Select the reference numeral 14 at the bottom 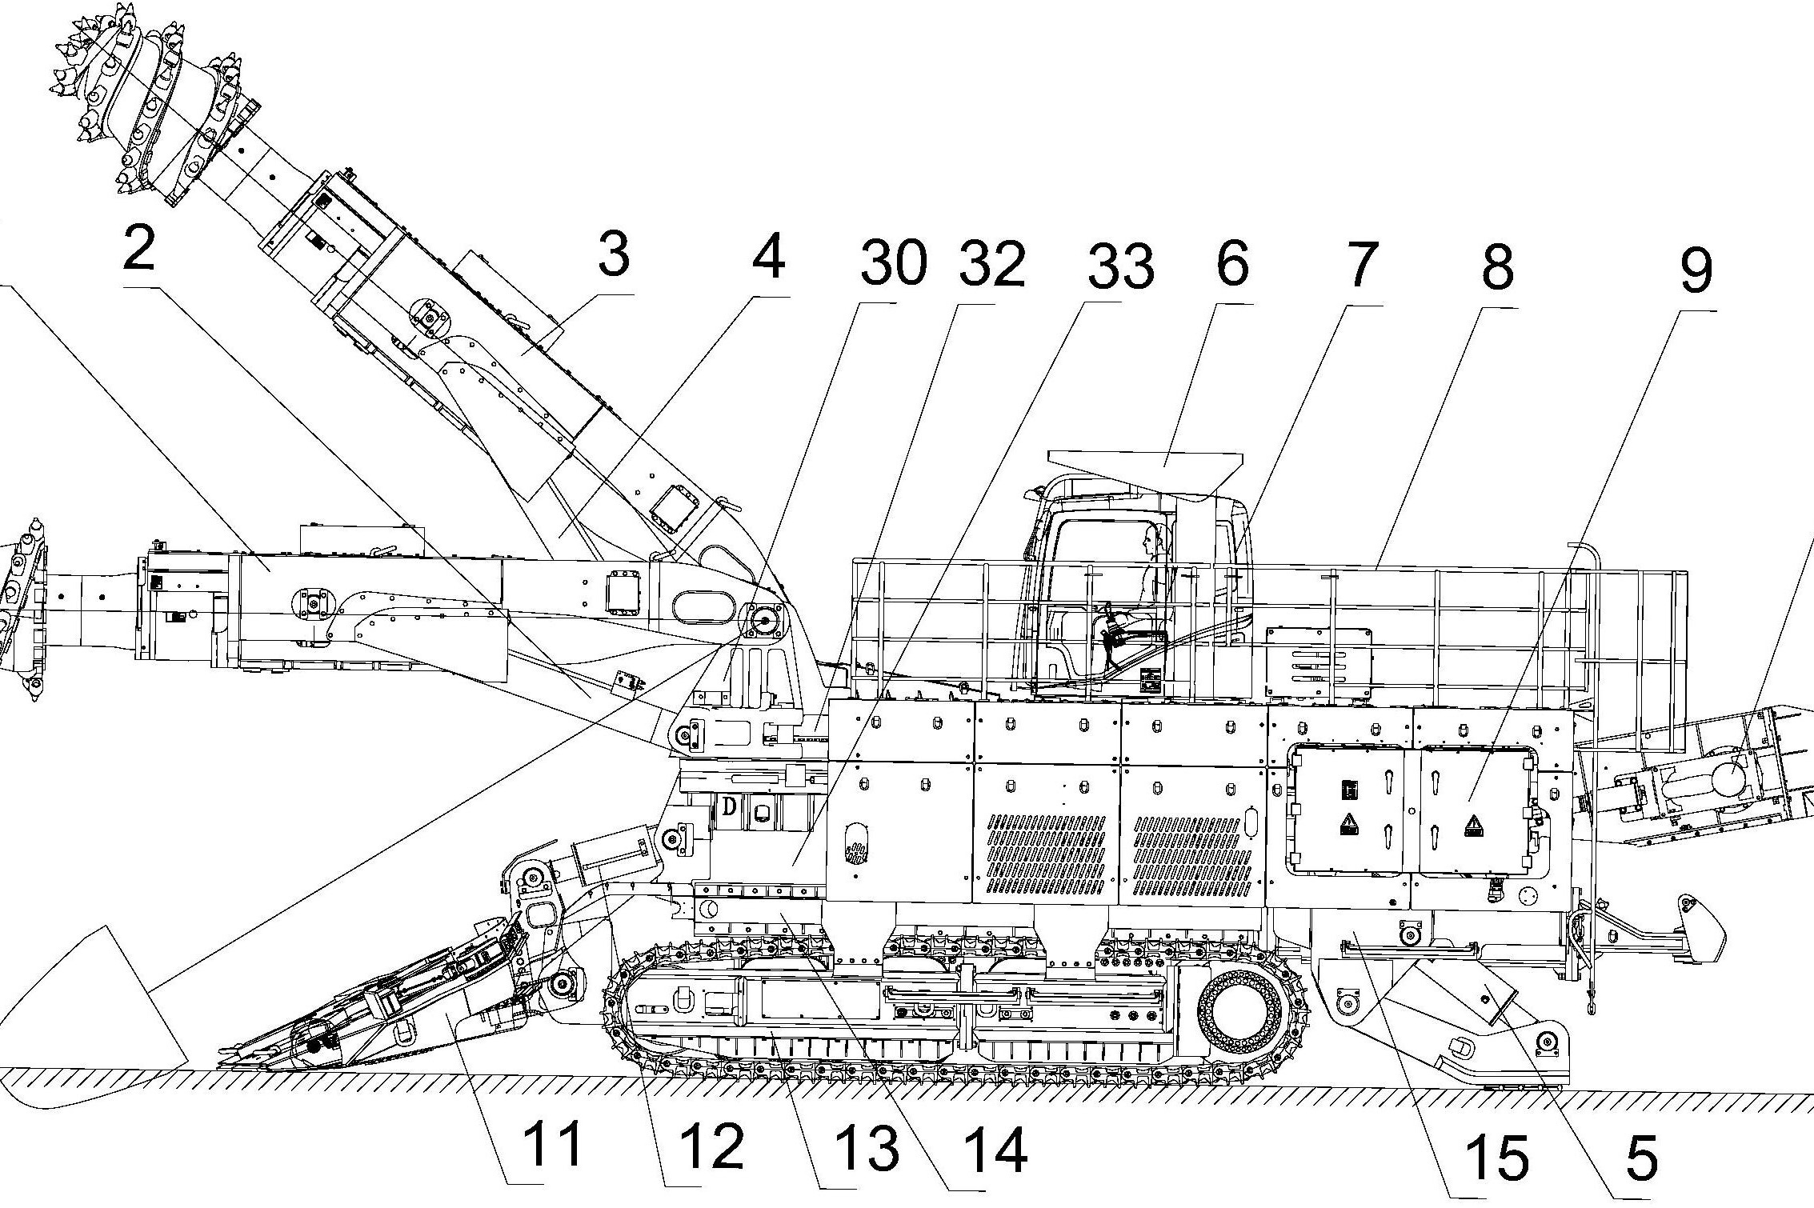[x=994, y=1151]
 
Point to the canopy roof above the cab [x=1144, y=462]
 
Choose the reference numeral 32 [x=993, y=263]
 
